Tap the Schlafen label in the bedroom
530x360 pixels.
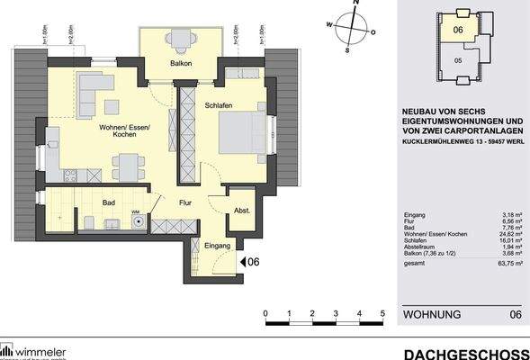click(219, 105)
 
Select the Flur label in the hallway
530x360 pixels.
click(186, 202)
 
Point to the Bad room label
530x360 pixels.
click(109, 202)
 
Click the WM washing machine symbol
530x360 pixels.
click(136, 213)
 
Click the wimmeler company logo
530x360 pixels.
click(36, 349)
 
